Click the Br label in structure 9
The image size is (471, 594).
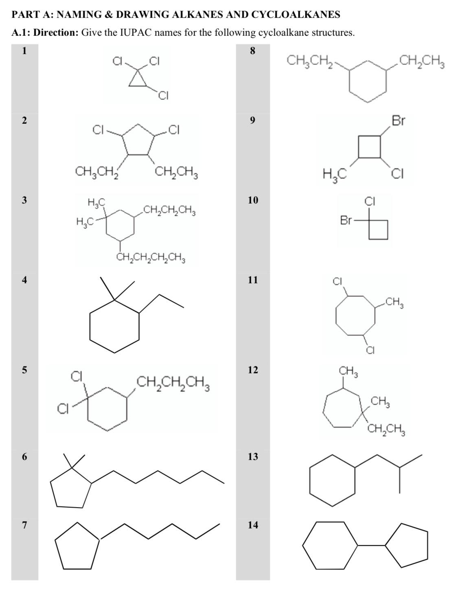point(398,121)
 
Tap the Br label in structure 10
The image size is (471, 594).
point(346,220)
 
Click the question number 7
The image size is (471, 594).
point(24,525)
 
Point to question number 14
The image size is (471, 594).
point(253,525)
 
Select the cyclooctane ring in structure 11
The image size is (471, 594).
point(355,315)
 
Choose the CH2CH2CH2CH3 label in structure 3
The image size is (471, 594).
point(151,258)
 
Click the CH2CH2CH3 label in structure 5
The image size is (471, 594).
point(173,383)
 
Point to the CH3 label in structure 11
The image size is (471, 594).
point(394,302)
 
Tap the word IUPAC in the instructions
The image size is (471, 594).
point(136,33)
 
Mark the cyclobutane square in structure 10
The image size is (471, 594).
point(378,230)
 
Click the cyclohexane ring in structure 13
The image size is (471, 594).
point(333,480)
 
